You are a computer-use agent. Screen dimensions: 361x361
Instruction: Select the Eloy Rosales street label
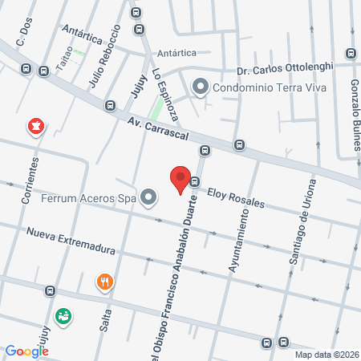pos(236,197)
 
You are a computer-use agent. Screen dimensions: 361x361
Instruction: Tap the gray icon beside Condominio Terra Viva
pos(200,86)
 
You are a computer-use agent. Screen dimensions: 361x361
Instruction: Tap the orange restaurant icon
pos(104,282)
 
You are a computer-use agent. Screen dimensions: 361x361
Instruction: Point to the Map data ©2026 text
pos(327,354)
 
